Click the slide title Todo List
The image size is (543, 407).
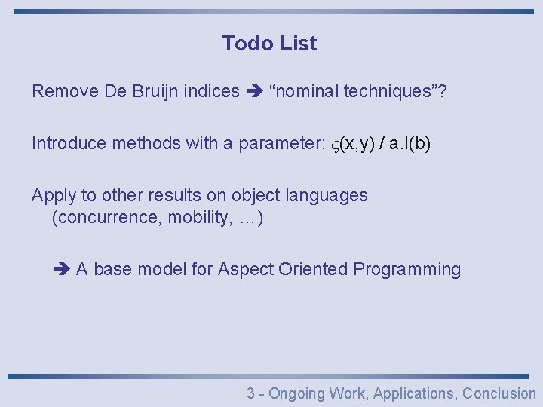click(x=269, y=44)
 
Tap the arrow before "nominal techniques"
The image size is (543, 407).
click(x=253, y=92)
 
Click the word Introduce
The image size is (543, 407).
click(x=69, y=143)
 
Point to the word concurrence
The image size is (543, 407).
click(x=107, y=219)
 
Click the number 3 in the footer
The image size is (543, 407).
click(x=251, y=393)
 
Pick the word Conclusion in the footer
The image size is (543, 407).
click(x=499, y=393)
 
